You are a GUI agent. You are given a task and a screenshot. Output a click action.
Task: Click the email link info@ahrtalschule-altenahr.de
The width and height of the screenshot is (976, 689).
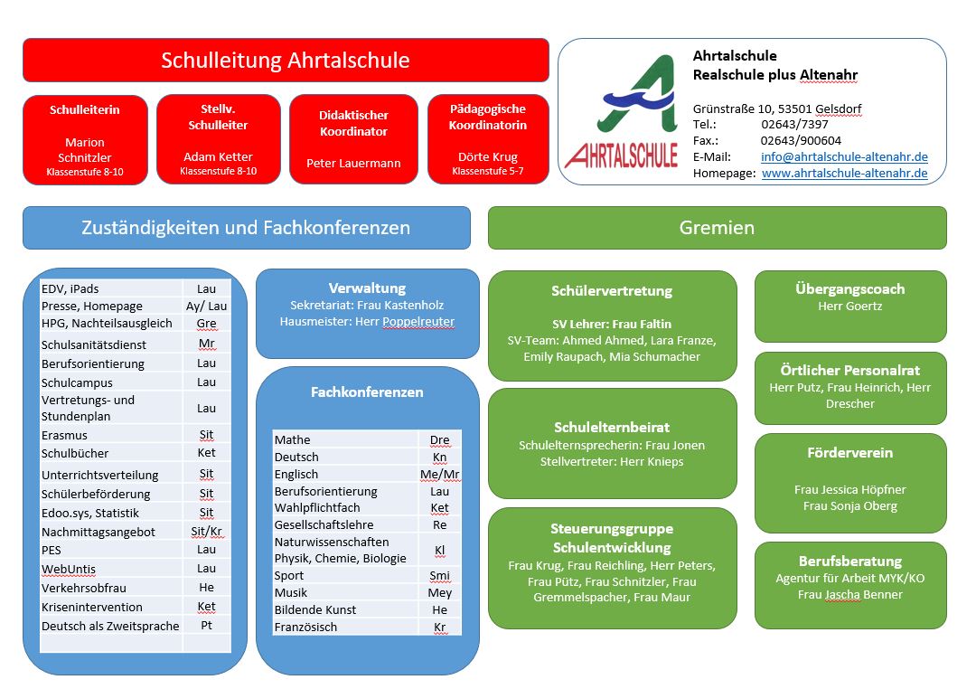844,156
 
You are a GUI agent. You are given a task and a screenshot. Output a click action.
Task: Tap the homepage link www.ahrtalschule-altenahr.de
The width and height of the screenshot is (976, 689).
844,173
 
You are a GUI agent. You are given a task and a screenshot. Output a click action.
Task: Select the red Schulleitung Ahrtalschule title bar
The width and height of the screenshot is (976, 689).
286,61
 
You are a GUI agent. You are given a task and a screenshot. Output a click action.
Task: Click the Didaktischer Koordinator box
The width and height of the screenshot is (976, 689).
353,139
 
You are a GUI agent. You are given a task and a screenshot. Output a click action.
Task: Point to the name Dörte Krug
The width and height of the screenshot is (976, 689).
487,156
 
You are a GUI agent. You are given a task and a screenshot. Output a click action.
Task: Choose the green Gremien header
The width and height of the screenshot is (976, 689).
717,228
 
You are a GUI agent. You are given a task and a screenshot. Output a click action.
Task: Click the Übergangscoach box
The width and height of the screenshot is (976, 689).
849,305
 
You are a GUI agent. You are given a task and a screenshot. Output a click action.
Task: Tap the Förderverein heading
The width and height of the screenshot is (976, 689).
849,452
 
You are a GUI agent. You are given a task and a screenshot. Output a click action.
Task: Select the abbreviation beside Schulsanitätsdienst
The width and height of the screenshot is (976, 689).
206,344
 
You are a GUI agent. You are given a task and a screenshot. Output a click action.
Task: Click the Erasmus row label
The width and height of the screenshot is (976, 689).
64,435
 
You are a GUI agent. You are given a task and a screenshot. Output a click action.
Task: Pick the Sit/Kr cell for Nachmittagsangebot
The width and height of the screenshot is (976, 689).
206,532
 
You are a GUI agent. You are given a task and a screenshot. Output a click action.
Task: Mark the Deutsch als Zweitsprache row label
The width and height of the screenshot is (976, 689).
110,626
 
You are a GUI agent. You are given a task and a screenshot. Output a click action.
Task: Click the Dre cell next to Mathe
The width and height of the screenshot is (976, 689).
439,439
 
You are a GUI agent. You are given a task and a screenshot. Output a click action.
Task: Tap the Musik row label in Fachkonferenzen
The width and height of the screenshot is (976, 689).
292,592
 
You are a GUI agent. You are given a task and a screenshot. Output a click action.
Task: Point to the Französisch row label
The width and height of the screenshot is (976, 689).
305,627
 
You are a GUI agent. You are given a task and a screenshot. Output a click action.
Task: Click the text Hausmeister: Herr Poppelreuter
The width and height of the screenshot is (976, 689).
367,321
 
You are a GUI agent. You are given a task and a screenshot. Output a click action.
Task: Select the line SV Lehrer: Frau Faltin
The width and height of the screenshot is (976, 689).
612,324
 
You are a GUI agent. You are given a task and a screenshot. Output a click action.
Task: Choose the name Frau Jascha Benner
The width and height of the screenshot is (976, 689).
849,594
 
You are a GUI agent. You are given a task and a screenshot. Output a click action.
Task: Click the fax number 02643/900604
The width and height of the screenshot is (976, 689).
801,140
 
